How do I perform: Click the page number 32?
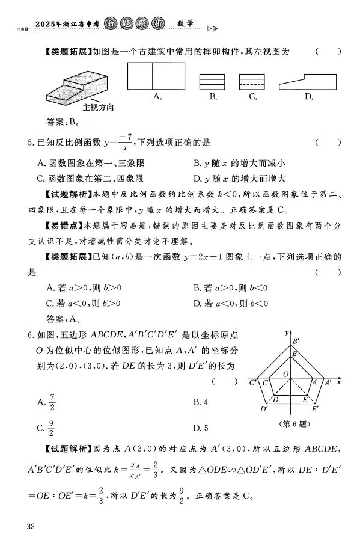pos(32,527)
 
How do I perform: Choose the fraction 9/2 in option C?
pos(52,428)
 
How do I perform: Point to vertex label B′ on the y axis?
pos(296,342)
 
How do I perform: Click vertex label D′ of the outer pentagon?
pos(263,410)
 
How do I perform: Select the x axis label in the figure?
pos(339,382)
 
